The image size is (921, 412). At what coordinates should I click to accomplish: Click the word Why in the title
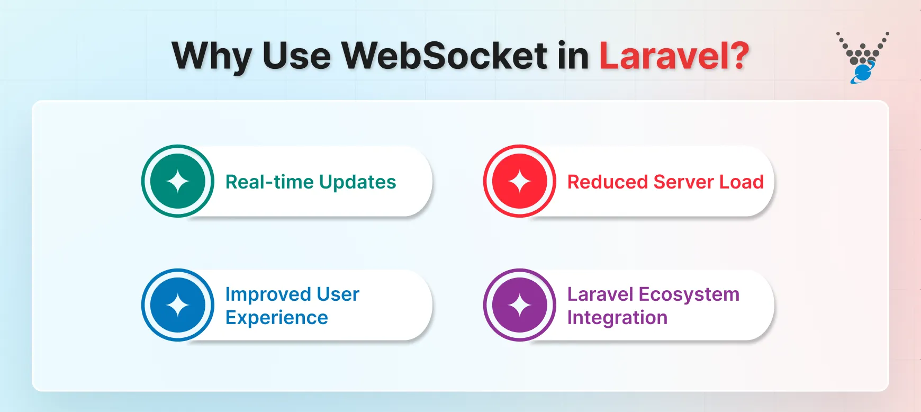click(x=211, y=56)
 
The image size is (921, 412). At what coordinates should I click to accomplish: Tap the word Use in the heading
click(x=296, y=55)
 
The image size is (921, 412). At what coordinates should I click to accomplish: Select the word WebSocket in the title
click(x=444, y=55)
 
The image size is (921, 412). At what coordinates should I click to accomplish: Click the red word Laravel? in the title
click(x=674, y=55)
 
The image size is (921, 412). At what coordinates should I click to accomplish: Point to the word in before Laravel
click(x=573, y=55)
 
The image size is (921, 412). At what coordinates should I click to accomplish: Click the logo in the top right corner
click(x=862, y=58)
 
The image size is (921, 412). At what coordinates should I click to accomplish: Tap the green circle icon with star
click(x=178, y=182)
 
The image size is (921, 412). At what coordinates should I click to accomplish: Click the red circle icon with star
click(x=520, y=182)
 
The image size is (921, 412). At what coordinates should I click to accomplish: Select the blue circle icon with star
click(x=178, y=306)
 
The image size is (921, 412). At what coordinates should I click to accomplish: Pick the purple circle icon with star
click(x=520, y=306)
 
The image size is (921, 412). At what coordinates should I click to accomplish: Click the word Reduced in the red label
click(x=607, y=182)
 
